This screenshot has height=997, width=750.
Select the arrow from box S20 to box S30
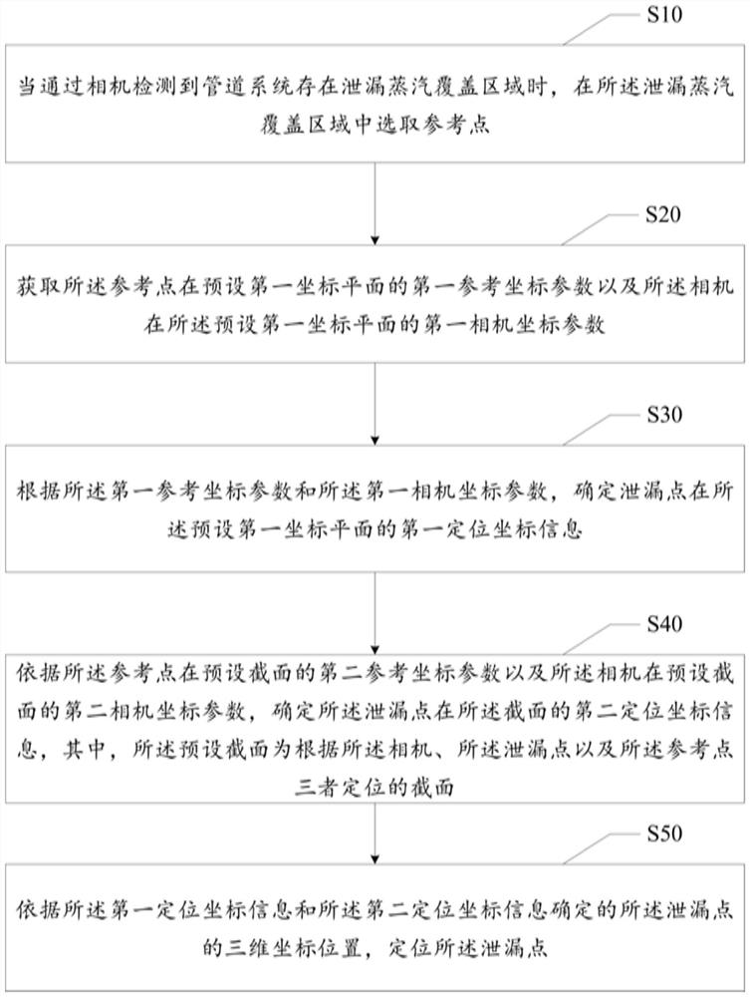(x=375, y=404)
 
